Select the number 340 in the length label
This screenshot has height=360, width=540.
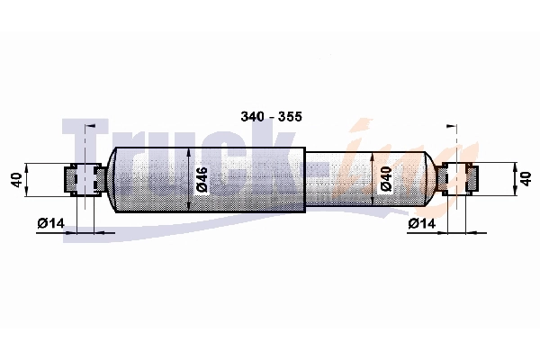pos(254,117)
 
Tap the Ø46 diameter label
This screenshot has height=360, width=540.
pos(202,179)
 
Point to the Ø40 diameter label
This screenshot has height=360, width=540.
pos(385,179)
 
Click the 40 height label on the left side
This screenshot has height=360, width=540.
pos(15,179)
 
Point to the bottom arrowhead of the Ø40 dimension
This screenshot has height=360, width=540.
pos(373,204)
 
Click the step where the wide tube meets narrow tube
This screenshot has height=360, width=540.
pos(305,179)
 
